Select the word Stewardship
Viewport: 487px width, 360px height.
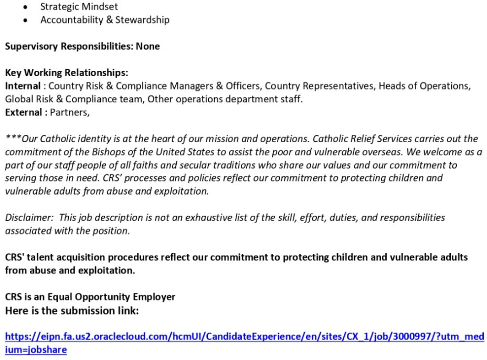[x=142, y=20]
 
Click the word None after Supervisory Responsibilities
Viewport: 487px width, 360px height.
[x=147, y=46]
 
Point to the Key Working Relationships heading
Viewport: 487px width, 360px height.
[x=67, y=72]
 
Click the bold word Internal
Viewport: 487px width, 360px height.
[x=23, y=86]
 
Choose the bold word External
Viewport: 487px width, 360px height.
[x=24, y=112]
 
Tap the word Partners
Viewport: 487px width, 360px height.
[x=70, y=112]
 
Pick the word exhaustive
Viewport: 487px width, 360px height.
[x=202, y=217]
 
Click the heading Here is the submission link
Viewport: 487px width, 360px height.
[x=72, y=311]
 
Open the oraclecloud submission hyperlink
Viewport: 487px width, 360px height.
[x=244, y=336]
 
